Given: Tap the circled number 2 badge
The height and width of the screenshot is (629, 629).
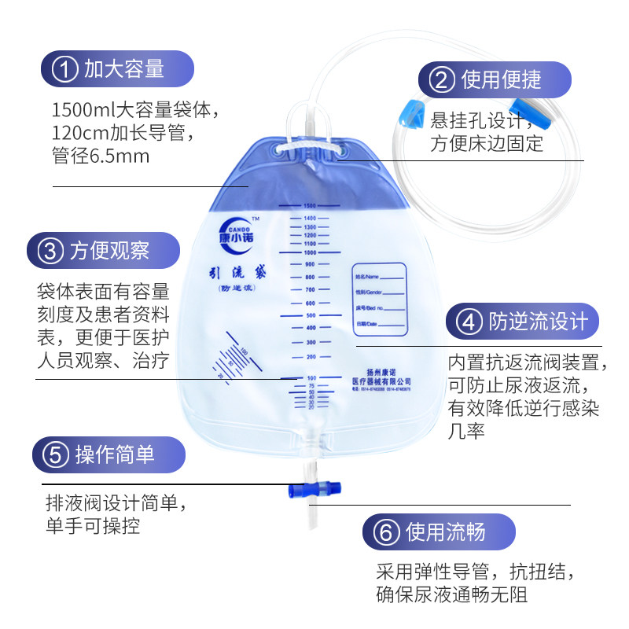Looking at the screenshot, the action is tap(442, 79).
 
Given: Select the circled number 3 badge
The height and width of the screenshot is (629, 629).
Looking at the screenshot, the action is tap(50, 251).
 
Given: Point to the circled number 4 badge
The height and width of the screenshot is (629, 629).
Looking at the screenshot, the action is tap(469, 322).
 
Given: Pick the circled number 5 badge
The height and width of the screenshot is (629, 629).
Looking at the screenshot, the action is tap(55, 454).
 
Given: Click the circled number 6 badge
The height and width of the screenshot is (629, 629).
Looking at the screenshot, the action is tap(385, 532).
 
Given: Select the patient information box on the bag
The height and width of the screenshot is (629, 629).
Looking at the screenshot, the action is tap(379, 299).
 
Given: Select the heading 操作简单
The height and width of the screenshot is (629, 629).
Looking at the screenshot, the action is tap(115, 454).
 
